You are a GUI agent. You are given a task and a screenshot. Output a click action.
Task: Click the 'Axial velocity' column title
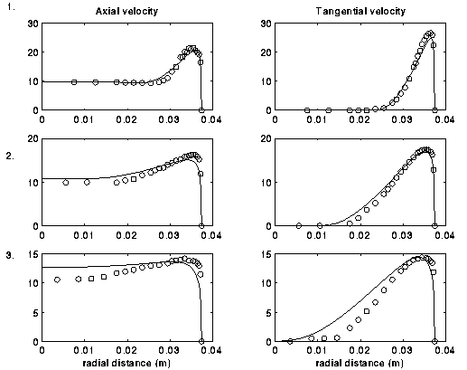tap(126, 11)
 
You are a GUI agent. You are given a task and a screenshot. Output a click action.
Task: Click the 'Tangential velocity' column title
tap(360, 11)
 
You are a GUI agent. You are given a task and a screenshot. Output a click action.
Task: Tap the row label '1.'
tap(11, 7)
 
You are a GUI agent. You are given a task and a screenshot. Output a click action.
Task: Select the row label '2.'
tap(10, 156)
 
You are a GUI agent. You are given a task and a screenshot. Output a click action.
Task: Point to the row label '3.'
tap(10, 255)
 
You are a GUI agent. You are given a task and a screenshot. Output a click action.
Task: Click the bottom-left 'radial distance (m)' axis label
tap(126, 363)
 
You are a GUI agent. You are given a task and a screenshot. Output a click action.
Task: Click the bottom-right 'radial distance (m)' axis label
tap(360, 363)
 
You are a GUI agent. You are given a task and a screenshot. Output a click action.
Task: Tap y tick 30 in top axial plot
tap(33, 24)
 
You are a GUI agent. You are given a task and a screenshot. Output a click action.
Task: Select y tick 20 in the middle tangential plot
tap(266, 138)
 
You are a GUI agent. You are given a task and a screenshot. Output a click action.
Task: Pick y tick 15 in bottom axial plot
tap(33, 254)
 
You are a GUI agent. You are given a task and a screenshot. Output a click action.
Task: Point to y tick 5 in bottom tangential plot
tap(268, 313)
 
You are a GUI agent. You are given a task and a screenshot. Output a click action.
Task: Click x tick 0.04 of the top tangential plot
tap(444, 119)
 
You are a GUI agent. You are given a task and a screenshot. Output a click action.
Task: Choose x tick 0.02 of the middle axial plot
tap(126, 235)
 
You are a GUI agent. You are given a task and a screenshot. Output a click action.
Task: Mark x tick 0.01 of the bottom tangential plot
tap(316, 351)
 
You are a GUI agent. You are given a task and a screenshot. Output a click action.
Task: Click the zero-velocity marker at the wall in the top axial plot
tap(201, 110)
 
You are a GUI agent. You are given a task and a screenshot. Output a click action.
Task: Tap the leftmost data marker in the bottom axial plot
tap(57, 280)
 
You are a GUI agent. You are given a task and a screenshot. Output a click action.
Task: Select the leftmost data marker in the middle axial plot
tap(66, 183)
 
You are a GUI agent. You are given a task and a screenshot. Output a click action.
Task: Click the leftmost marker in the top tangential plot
tap(307, 110)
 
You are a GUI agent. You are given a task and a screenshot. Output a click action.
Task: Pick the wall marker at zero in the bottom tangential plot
tap(434, 341)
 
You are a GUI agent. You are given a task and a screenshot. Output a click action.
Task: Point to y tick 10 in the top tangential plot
tap(266, 81)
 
